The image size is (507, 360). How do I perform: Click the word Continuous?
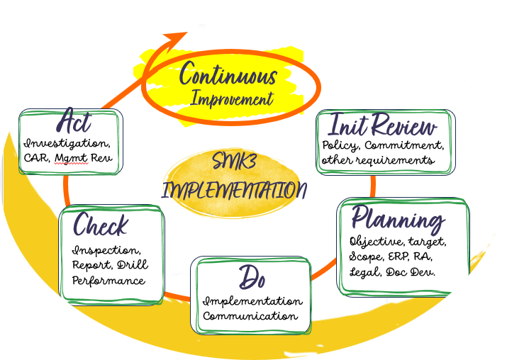(228, 74)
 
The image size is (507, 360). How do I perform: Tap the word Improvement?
(232, 99)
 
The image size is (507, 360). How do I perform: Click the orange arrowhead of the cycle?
(177, 38)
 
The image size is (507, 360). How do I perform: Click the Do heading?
(252, 278)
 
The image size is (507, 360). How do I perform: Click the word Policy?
(340, 146)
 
